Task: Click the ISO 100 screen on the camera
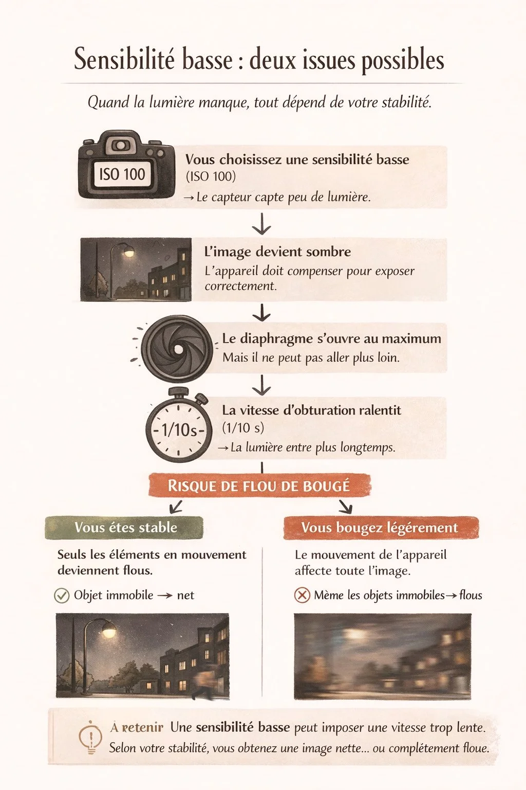[122, 174]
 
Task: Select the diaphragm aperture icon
[177, 348]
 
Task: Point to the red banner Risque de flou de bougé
[259, 486]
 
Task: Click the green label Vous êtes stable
[125, 528]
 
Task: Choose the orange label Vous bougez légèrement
[380, 528]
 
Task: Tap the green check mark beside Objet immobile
[62, 596]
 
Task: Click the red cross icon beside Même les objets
[302, 596]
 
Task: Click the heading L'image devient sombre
[277, 252]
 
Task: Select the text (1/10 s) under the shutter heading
[243, 427]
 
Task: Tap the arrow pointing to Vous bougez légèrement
[345, 507]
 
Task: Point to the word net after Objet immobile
[185, 596]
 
